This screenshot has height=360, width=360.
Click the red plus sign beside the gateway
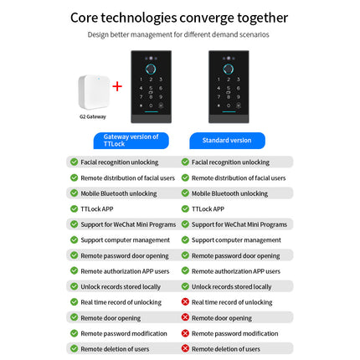[116, 86]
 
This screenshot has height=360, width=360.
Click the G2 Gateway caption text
[94, 116]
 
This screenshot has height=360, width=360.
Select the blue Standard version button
[226, 140]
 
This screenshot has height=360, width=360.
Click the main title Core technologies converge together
[179, 18]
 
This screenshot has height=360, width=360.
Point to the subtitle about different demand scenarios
[179, 35]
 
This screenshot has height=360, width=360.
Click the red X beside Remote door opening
[185, 318]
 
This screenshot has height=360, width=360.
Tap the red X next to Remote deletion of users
[185, 348]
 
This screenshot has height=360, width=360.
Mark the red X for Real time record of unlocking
[185, 301]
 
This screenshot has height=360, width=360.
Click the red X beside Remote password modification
[185, 333]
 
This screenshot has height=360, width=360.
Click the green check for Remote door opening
[74, 318]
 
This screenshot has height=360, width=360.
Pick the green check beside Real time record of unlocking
[74, 301]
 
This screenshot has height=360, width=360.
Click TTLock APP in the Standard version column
[208, 208]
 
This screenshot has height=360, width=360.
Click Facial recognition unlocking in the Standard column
[230, 162]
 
